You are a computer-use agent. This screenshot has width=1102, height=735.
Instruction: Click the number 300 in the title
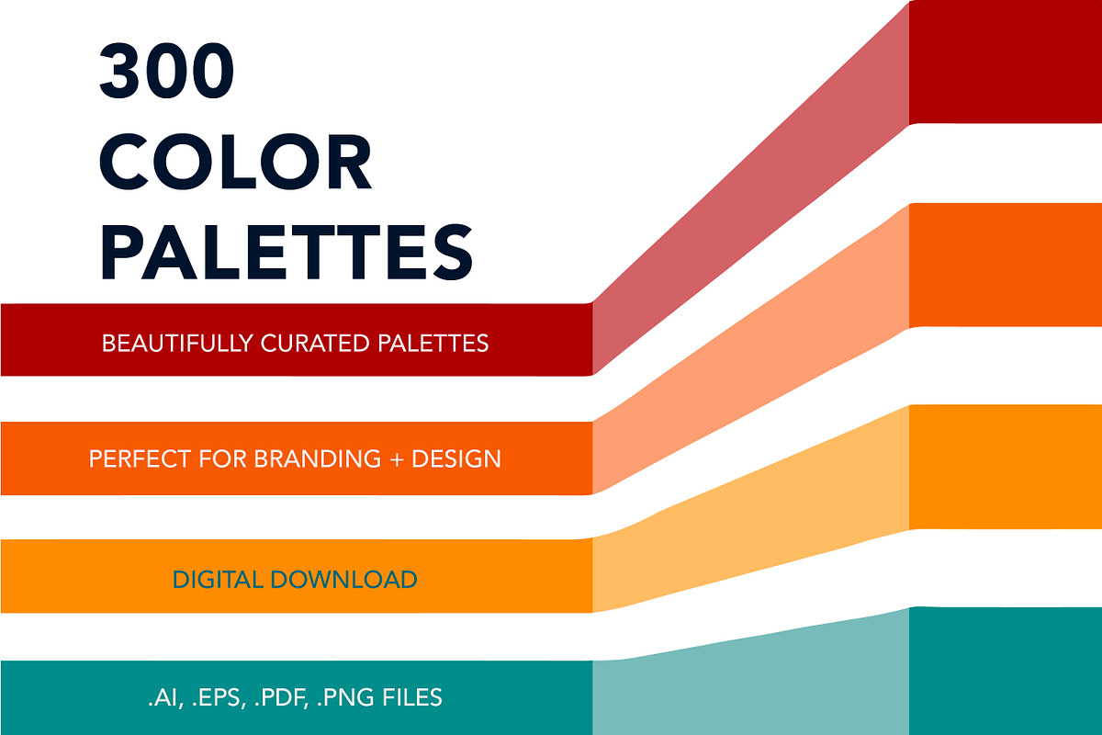click(167, 71)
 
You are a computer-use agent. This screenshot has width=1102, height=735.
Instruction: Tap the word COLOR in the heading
click(236, 162)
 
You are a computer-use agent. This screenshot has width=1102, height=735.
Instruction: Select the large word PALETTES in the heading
click(287, 252)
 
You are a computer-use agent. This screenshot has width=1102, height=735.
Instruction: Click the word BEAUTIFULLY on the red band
click(177, 344)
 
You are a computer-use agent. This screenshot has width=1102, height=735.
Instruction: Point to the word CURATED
click(315, 344)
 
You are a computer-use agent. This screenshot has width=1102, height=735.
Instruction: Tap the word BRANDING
click(318, 458)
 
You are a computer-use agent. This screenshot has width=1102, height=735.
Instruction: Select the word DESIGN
click(456, 458)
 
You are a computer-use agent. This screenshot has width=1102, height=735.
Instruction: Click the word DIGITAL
click(218, 580)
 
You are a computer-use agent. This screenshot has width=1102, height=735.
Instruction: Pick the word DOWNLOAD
click(343, 580)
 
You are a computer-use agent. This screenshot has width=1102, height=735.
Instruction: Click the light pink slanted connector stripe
click(751, 189)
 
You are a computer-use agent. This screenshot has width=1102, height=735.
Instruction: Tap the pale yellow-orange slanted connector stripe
click(751, 509)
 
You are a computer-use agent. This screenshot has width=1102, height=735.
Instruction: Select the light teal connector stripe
click(751, 679)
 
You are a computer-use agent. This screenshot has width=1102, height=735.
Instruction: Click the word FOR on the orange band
click(222, 458)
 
